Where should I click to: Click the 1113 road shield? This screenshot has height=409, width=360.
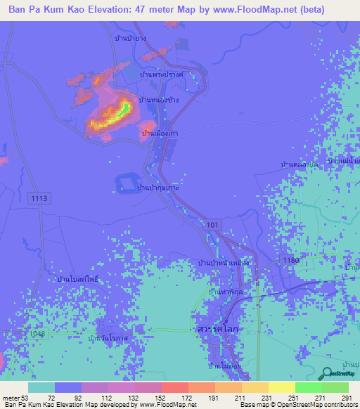pos(40,199)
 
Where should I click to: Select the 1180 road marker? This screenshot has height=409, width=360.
pos(292,260)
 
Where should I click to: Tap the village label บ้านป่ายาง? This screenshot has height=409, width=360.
pos(130,38)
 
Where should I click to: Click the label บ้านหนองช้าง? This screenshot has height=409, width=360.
pos(160,100)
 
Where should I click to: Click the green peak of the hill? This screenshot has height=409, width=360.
pos(125,108)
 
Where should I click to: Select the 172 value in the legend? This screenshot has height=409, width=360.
pos(174,397)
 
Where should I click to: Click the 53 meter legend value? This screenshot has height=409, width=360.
pos(20,397)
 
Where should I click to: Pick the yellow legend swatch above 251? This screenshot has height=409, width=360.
pos(282,387)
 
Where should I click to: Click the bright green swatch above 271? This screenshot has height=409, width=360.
pos(308,387)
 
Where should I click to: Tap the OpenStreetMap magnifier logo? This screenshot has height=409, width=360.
pos(327,375)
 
